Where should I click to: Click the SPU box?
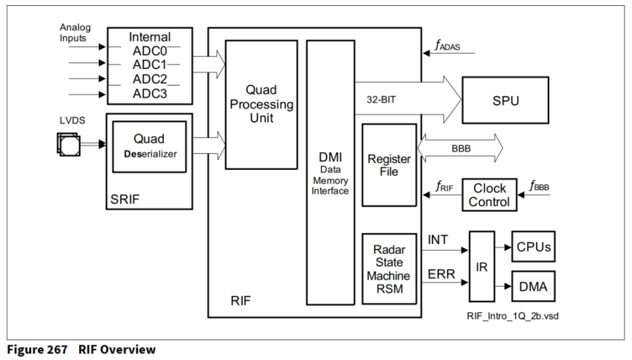coord(505,100)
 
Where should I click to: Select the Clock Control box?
coord(489,195)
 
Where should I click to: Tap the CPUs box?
coord(533,247)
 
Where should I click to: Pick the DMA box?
coord(533,286)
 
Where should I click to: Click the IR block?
coord(482,266)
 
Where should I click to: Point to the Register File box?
coord(389,165)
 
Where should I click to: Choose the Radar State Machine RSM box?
coord(389,269)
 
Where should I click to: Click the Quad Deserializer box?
coord(149,147)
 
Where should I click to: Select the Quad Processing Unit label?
coord(261,104)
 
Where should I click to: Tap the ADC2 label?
coord(149,79)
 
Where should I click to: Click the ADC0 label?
coord(149,51)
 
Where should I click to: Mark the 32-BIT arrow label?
coord(385,101)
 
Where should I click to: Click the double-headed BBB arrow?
coord(460,147)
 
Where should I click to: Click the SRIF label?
coord(125,198)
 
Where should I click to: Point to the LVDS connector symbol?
coord(68,144)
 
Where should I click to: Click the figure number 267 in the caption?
coord(56,349)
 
